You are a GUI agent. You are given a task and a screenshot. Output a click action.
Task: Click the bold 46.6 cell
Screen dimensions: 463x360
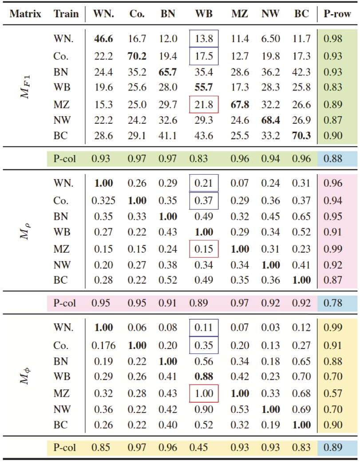tap(103, 39)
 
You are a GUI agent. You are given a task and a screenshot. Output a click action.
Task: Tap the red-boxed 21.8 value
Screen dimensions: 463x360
tap(204, 105)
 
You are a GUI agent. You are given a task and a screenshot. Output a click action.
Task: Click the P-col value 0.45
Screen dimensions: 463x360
tap(204, 448)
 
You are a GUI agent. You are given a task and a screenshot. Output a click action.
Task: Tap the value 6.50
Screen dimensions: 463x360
tap(271, 39)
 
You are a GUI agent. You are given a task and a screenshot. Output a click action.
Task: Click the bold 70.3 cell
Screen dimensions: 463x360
tap(302, 137)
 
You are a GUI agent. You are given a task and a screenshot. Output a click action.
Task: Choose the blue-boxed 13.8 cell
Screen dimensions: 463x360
tap(204, 39)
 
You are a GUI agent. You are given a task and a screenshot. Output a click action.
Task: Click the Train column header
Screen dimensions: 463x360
tap(63, 14)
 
